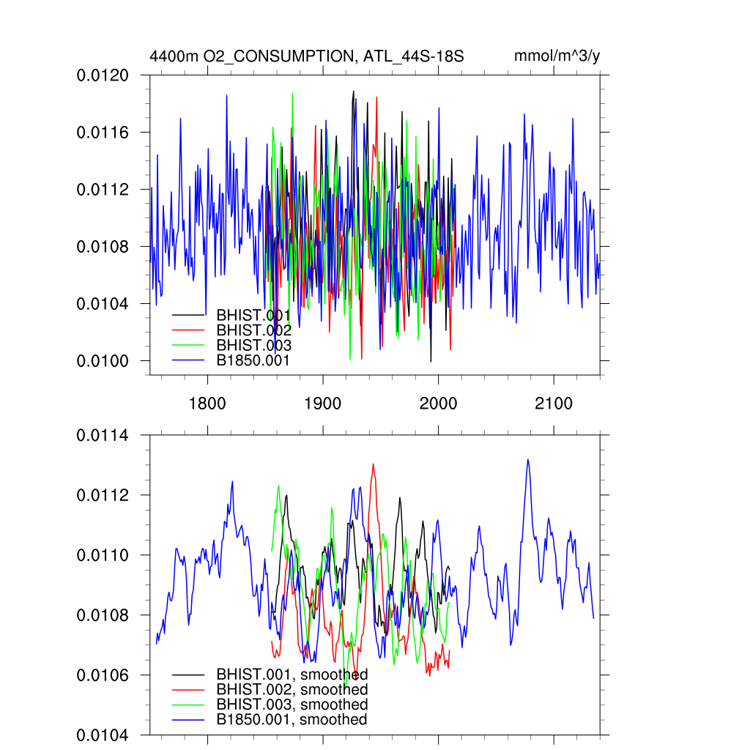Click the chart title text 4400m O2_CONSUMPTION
coord(249,56)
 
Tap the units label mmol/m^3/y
coord(557,56)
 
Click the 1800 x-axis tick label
coord(207,404)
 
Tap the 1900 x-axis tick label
coord(323,404)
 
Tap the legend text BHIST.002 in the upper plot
coord(253,330)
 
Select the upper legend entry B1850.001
coord(253,361)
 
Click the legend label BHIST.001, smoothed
coord(292,674)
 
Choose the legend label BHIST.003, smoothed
coord(292,705)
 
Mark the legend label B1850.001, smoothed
coord(292,720)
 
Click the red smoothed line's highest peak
coord(374,464)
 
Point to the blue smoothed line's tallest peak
coord(527,459)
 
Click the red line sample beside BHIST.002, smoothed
coord(187,690)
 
